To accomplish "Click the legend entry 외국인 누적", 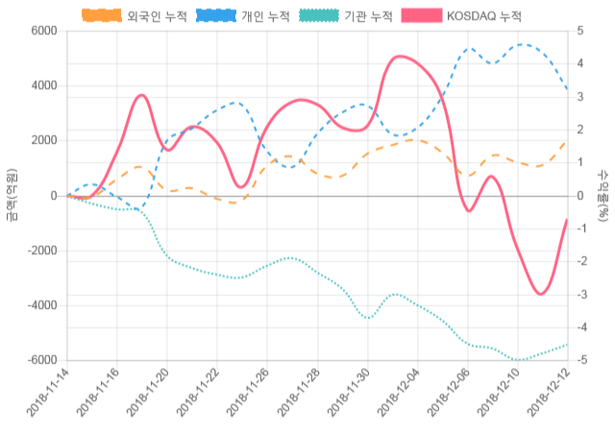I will pos(135,16).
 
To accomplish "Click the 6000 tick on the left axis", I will pos(43,31).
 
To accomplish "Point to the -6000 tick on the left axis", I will pos(40,360).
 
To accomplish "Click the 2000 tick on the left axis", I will pos(43,140).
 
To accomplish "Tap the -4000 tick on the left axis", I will pos(40,305).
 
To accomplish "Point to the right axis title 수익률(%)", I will pos(603,195).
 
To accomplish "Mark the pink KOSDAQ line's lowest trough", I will pos(541,294).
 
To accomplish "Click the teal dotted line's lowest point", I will pos(520,360).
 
